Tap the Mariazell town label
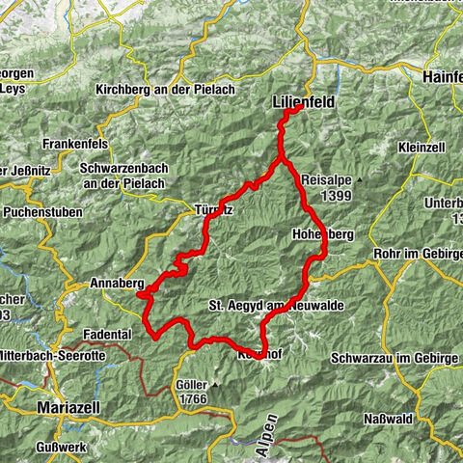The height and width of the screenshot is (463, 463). pos(66,407)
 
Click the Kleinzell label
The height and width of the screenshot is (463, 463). pos(422,148)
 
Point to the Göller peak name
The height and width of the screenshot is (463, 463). pos(192,384)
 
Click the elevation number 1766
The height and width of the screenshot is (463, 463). pos(192,398)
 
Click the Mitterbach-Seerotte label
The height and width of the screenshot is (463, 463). pos(54,354)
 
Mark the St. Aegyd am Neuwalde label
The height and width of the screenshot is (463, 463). pos(275,305)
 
